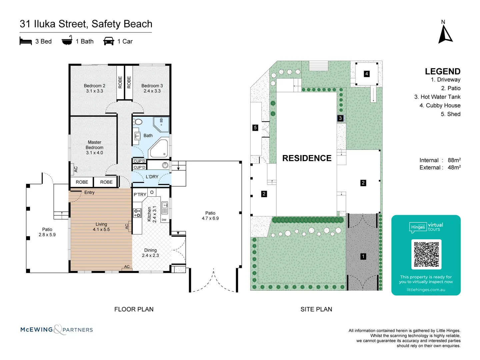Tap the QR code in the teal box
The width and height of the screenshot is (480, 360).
tap(426, 254)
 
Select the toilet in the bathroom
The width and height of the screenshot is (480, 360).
tap(137, 122)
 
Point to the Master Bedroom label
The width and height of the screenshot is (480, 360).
tap(95, 147)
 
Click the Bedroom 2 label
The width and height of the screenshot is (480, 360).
tap(95, 88)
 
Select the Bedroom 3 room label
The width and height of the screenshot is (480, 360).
tap(152, 88)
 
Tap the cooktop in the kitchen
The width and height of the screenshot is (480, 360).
tap(137, 213)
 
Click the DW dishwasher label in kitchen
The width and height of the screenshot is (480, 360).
tap(164, 220)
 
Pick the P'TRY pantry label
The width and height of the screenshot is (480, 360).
tap(140, 195)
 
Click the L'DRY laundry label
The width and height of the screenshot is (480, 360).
tap(152, 177)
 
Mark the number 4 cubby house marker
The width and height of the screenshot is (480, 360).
tap(367, 74)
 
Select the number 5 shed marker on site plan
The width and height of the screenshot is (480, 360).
tap(255, 128)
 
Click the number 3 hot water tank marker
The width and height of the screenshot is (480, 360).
tap(340, 118)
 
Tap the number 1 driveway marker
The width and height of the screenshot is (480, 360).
tap(363, 256)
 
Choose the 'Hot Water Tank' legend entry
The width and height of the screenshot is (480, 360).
tap(437, 97)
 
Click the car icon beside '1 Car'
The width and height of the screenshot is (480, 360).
tap(109, 41)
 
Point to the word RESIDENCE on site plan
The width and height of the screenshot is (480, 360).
tap(307, 158)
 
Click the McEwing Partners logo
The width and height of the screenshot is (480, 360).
tap(57, 330)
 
